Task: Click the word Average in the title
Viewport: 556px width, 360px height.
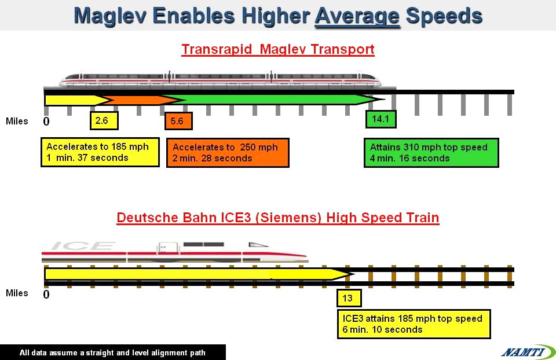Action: click(357, 16)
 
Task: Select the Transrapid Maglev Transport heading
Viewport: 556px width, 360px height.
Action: click(278, 49)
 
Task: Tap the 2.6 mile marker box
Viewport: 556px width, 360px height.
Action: click(104, 121)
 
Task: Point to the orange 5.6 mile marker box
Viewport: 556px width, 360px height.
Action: click(179, 121)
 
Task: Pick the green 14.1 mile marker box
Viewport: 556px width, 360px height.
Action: click(381, 119)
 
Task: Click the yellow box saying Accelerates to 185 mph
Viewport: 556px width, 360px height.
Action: click(100, 152)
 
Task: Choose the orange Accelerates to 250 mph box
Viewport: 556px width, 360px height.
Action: click(228, 153)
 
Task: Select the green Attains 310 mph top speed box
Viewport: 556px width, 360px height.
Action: click(431, 153)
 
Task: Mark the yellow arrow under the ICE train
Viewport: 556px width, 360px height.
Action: click(199, 274)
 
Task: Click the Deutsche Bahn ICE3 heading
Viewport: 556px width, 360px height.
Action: click(278, 218)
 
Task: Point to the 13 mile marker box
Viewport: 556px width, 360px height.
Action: click(349, 298)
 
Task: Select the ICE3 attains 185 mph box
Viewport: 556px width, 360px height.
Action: click(414, 324)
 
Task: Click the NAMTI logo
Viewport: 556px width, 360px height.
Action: click(528, 352)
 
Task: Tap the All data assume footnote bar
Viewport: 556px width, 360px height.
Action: click(113, 352)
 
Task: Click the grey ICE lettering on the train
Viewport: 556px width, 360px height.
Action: click(83, 245)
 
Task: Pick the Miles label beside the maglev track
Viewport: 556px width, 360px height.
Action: click(17, 121)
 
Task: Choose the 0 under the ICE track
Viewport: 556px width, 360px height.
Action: click(46, 294)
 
